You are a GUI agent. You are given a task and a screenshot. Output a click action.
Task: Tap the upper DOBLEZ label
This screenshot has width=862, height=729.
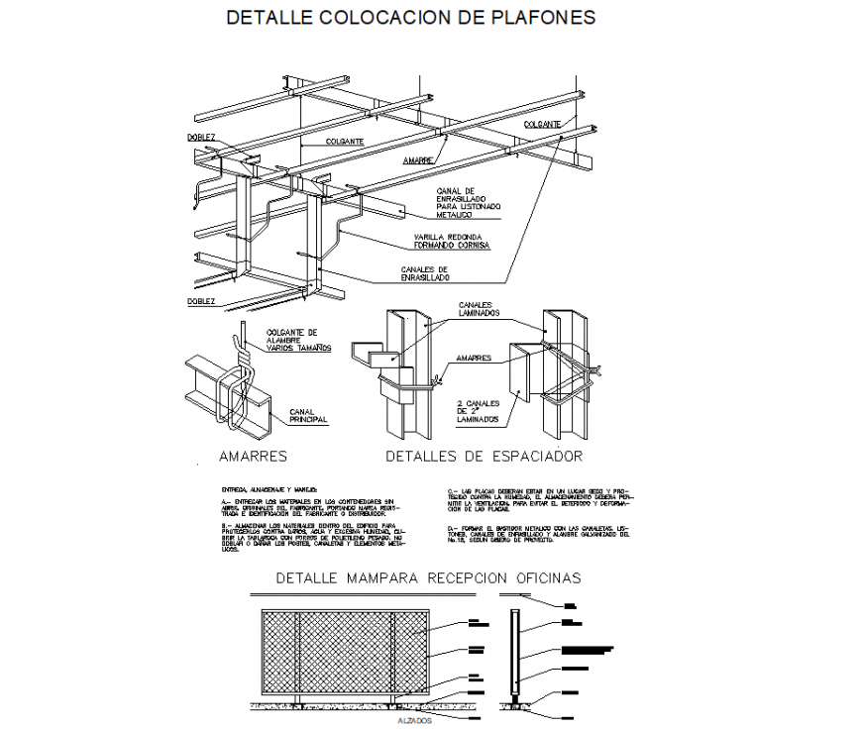(202, 137)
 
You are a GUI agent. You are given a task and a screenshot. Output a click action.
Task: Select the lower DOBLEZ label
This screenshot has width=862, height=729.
(201, 300)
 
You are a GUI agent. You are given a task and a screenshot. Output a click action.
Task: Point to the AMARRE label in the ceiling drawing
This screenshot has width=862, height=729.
(419, 159)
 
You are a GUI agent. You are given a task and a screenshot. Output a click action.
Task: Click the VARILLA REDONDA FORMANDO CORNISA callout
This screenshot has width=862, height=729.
(448, 242)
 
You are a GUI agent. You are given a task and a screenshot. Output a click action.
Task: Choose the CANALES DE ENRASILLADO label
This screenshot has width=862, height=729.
(425, 273)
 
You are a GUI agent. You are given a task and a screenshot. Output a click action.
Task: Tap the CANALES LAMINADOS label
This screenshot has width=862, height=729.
(480, 309)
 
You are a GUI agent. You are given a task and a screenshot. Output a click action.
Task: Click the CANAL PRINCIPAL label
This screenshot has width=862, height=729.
(308, 416)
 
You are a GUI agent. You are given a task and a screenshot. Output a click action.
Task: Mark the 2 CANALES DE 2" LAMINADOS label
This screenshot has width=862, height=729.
(479, 412)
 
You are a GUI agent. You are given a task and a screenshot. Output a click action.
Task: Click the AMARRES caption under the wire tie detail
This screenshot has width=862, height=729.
(253, 457)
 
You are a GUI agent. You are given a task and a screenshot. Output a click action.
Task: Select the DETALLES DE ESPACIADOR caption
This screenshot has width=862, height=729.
(484, 457)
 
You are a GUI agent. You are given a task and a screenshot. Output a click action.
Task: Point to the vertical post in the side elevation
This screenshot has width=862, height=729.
(515, 654)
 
